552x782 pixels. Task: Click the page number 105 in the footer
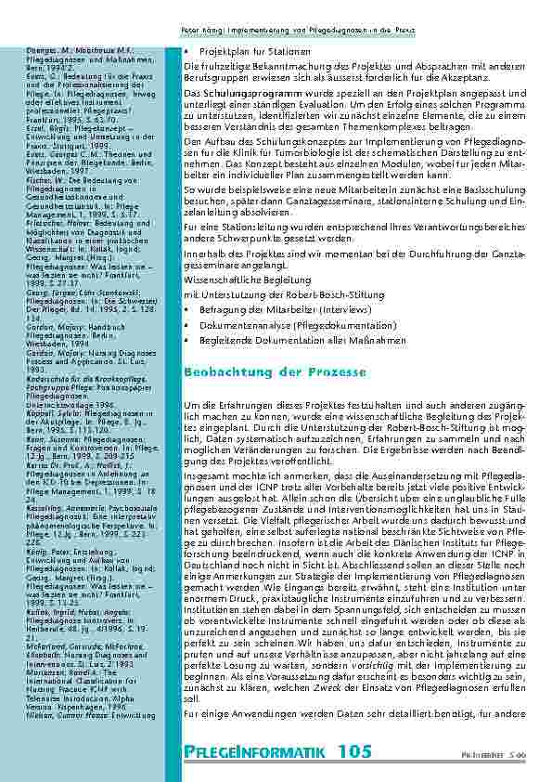click(x=356, y=749)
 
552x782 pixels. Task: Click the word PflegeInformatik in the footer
click(x=259, y=750)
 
